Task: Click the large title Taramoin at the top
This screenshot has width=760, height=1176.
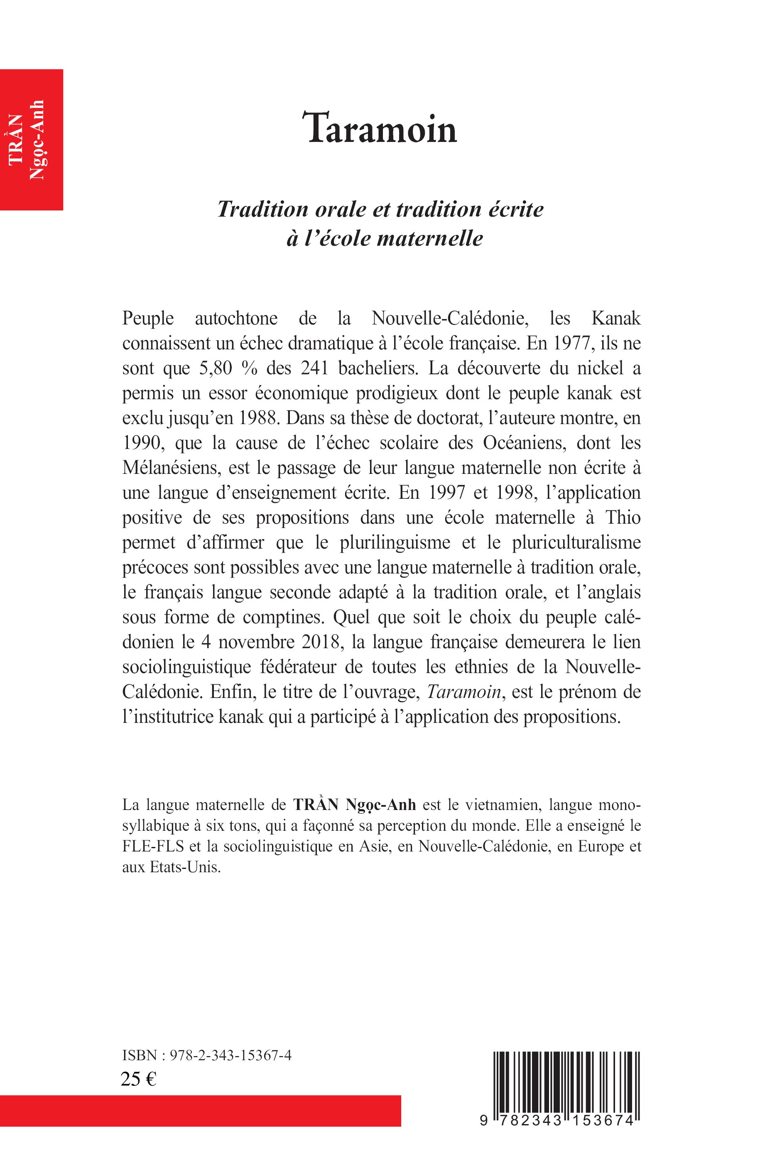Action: pos(382,129)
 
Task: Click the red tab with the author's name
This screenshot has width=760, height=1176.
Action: pos(31,139)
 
